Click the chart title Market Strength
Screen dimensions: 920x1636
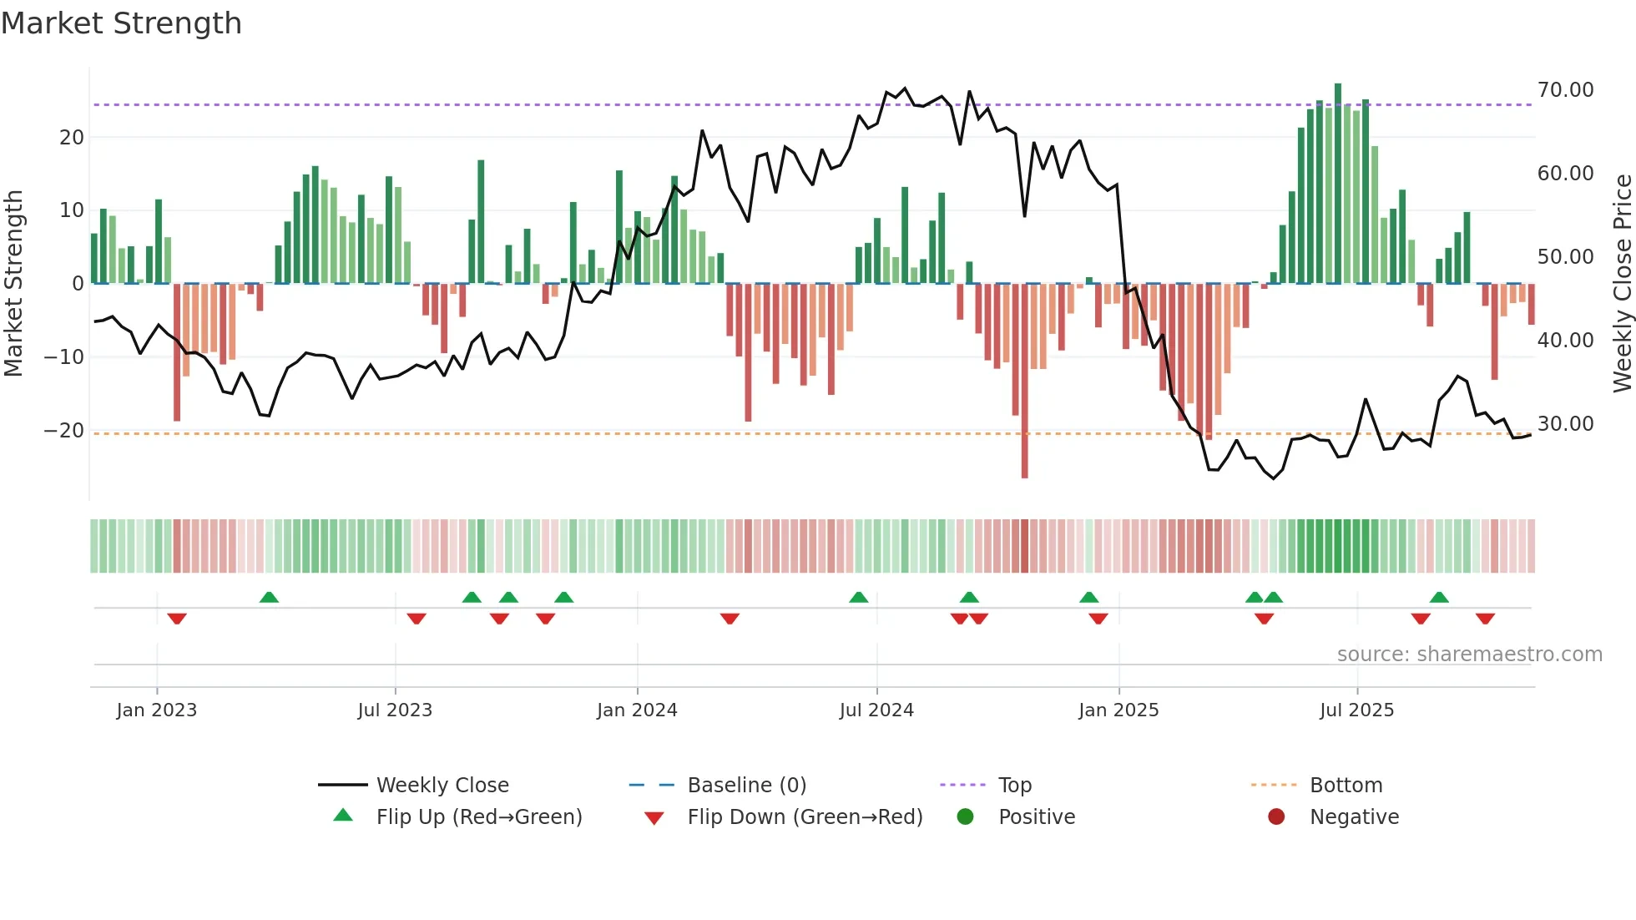pyautogui.click(x=121, y=23)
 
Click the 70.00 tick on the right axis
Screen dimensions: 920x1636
pyautogui.click(x=1565, y=90)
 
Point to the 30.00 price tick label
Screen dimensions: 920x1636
pyautogui.click(x=1565, y=424)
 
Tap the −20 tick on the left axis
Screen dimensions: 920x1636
pyautogui.click(x=64, y=431)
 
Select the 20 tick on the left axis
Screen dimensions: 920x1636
pyautogui.click(x=72, y=138)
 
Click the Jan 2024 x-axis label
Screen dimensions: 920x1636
pyautogui.click(x=637, y=710)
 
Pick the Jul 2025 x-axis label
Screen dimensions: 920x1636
pyautogui.click(x=1356, y=710)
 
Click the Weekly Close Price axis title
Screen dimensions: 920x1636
pyautogui.click(x=1622, y=284)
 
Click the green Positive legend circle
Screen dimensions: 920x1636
pyautogui.click(x=966, y=817)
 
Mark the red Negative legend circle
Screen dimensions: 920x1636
pyautogui.click(x=1276, y=817)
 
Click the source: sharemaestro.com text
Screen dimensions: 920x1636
pyautogui.click(x=1469, y=655)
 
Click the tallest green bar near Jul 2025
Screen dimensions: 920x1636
pyautogui.click(x=1338, y=184)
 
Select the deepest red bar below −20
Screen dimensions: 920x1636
pyautogui.click(x=1024, y=381)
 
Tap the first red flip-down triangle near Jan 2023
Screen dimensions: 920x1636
pyautogui.click(x=177, y=619)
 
